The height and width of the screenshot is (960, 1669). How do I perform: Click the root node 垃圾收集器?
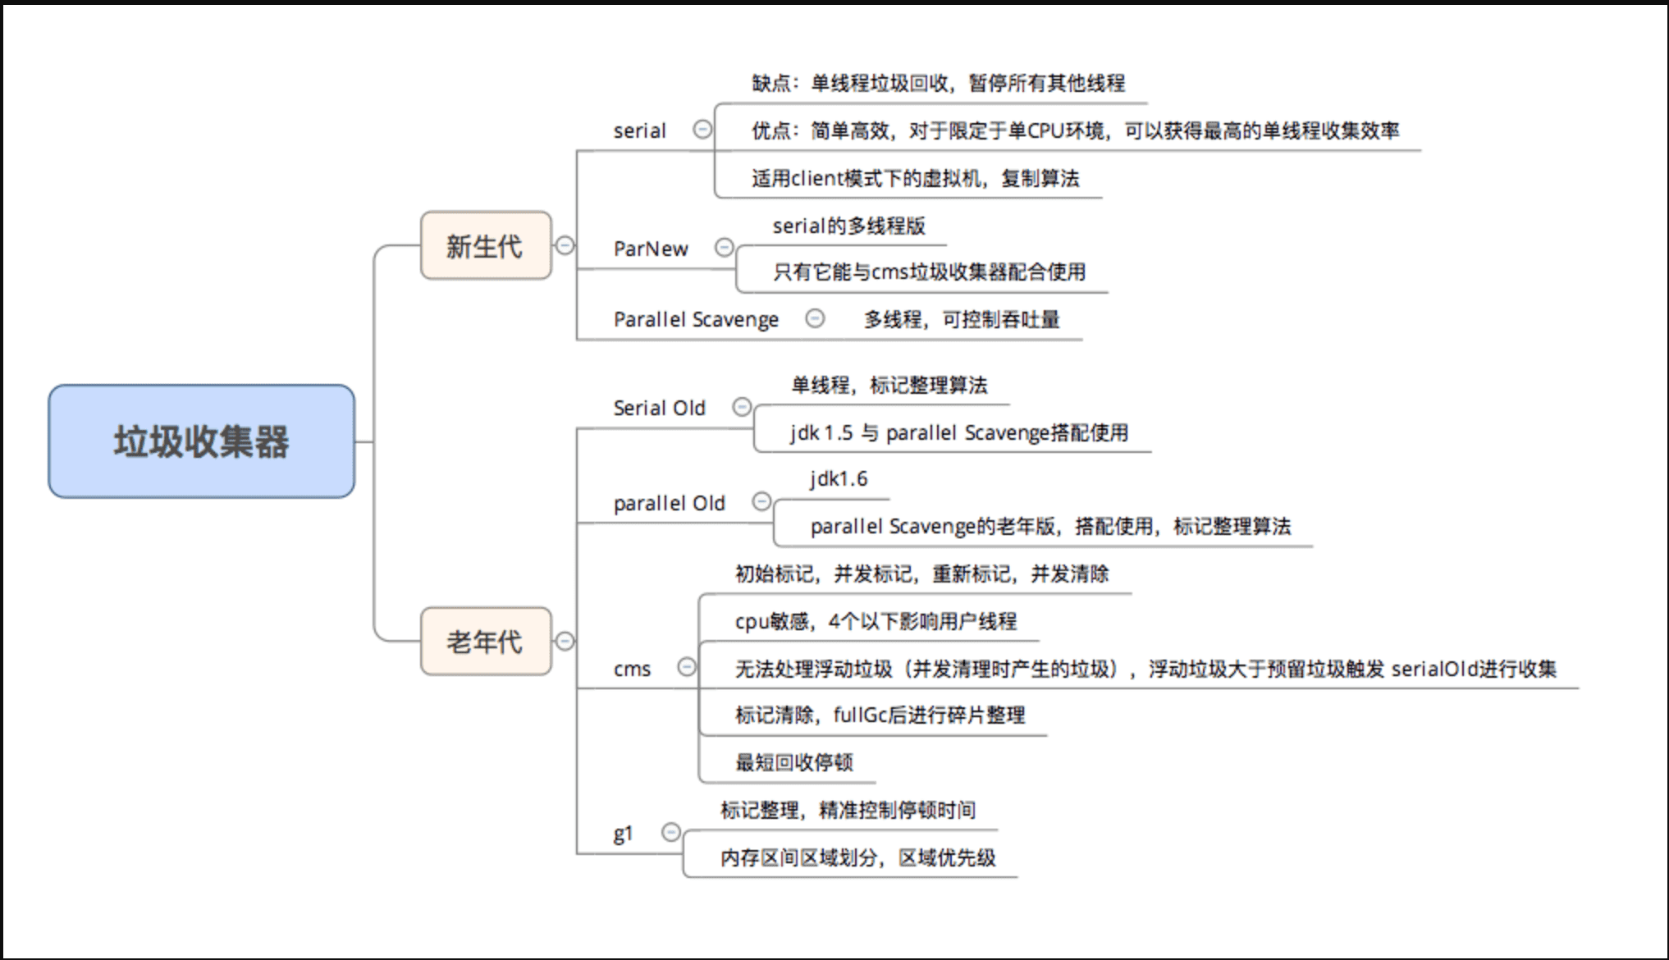click(x=201, y=441)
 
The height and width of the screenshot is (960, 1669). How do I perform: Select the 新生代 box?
click(x=485, y=245)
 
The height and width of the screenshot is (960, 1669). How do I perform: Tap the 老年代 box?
click(x=485, y=642)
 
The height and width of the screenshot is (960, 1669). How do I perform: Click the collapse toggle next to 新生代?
click(x=565, y=245)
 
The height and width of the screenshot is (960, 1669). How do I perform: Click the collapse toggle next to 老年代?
click(x=565, y=641)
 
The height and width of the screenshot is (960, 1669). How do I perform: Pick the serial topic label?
click(x=640, y=130)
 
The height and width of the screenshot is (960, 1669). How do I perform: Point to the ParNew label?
click(x=651, y=249)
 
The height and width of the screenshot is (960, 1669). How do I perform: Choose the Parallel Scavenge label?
click(x=696, y=319)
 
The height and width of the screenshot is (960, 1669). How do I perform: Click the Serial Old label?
click(x=659, y=408)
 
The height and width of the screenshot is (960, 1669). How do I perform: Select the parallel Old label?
click(x=669, y=503)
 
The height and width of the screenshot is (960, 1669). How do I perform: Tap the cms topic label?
click(x=632, y=669)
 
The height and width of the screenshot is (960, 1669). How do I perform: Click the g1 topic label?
click(x=623, y=834)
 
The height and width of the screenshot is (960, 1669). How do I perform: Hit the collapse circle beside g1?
click(x=671, y=833)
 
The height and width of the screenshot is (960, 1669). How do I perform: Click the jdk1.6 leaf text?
click(x=838, y=478)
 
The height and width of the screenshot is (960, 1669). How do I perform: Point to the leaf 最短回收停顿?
click(x=794, y=762)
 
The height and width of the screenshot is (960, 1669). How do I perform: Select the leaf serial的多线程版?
click(x=848, y=226)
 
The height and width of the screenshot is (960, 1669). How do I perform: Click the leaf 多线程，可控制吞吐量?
click(x=961, y=319)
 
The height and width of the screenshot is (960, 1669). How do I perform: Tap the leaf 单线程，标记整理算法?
click(x=889, y=385)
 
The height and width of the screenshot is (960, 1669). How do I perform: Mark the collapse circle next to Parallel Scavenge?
click(x=815, y=318)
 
